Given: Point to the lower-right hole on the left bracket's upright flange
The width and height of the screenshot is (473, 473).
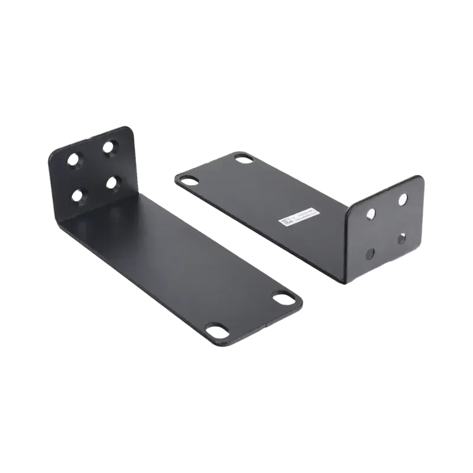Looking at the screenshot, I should tap(112, 182).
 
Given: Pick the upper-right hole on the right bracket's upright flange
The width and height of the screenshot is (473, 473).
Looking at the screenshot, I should tap(403, 199).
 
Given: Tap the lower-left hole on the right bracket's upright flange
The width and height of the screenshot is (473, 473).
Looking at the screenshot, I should tap(371, 253).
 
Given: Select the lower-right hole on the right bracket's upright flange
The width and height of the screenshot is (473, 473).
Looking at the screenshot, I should tap(401, 238).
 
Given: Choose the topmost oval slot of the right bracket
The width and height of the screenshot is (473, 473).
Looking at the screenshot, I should tap(242, 158).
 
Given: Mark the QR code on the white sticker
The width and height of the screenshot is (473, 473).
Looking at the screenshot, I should tap(286, 222).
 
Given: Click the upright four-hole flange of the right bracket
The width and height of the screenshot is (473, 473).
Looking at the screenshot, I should tap(387, 228).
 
